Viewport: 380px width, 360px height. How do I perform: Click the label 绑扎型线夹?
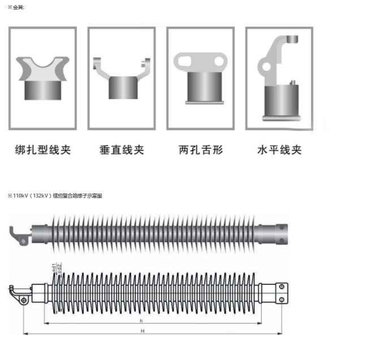[x=43, y=150]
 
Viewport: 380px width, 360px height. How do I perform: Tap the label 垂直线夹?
[x=122, y=150]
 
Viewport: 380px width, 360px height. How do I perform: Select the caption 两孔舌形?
[x=201, y=150]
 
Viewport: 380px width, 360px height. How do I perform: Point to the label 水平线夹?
[x=279, y=150]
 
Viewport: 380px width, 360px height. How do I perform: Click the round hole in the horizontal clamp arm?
[x=265, y=67]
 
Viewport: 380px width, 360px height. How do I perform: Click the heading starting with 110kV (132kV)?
[x=54, y=195]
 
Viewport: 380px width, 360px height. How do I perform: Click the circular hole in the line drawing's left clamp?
[x=23, y=300]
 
